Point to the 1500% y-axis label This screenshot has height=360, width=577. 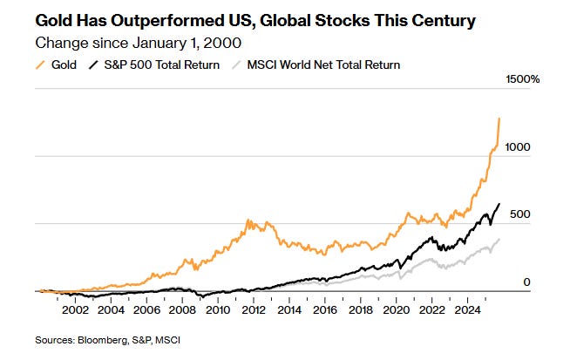(523, 80)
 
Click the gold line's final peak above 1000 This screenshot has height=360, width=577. (499, 119)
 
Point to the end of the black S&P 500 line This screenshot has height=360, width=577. (499, 204)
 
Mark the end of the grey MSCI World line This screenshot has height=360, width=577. (499, 239)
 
